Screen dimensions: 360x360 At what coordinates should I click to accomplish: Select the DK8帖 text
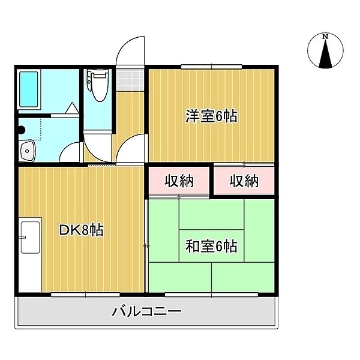click(x=82, y=230)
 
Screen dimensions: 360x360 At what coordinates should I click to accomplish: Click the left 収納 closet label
click(x=179, y=180)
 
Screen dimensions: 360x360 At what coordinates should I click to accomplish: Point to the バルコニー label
click(x=146, y=312)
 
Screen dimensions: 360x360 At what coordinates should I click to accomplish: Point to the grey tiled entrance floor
click(x=130, y=78)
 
